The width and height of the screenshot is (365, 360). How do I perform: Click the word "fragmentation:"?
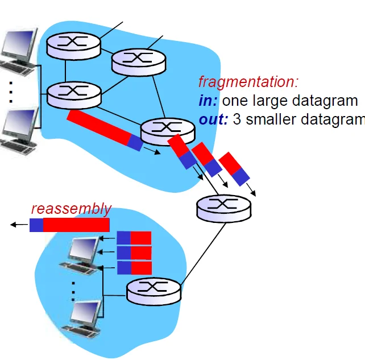coord(248,82)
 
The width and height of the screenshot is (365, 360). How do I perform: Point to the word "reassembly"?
coord(71,209)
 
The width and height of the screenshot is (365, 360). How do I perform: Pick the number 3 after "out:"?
coord(237,120)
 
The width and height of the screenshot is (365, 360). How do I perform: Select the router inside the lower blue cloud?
coord(154,291)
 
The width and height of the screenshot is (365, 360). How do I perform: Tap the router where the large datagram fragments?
coord(167,131)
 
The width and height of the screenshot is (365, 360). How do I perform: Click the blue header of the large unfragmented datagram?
coord(135,142)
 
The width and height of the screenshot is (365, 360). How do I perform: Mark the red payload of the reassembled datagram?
coord(76,225)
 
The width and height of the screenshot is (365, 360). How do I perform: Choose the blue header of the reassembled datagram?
coord(36,225)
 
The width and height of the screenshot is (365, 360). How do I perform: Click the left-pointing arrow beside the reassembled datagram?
coord(19,225)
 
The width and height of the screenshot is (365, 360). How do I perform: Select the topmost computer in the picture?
coord(16,52)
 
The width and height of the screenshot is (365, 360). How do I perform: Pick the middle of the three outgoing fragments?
coord(206,159)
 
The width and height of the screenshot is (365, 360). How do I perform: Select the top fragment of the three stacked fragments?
coord(134,238)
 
